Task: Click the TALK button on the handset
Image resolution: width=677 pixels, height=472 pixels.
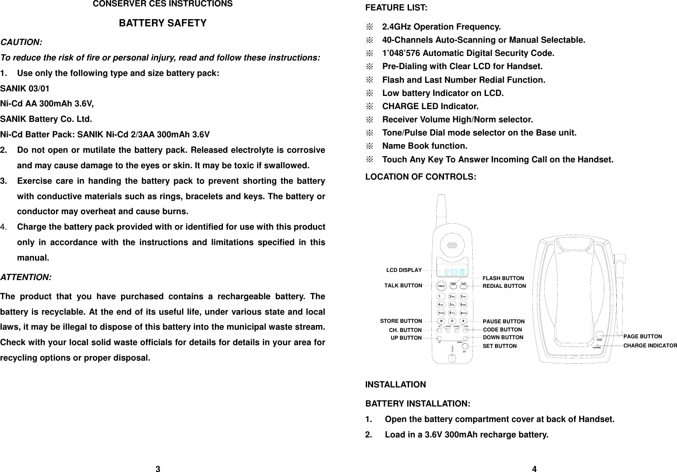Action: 441,286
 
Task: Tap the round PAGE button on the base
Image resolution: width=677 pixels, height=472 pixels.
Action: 600,336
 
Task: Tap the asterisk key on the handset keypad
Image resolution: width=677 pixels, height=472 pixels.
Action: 440,321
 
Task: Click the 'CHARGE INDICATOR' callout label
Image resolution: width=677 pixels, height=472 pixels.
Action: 650,346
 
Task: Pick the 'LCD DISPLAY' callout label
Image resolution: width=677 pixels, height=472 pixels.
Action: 404,270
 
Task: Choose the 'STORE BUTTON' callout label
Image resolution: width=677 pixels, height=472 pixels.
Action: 401,321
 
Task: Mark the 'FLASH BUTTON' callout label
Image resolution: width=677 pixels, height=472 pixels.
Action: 503,278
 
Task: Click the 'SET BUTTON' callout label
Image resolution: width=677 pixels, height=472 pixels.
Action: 499,346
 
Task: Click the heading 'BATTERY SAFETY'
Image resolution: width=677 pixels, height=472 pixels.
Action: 162,23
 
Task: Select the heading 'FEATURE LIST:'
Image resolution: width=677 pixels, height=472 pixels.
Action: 396,8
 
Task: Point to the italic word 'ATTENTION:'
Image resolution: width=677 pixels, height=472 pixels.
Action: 26,277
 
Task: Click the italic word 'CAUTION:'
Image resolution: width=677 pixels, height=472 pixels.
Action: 21,42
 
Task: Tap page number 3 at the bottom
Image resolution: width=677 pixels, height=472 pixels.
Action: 158,469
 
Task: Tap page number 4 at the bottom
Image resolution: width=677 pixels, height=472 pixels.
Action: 534,469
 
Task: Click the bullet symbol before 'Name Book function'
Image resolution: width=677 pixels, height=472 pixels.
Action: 370,146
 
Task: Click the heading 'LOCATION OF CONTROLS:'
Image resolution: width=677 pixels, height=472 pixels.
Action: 420,177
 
